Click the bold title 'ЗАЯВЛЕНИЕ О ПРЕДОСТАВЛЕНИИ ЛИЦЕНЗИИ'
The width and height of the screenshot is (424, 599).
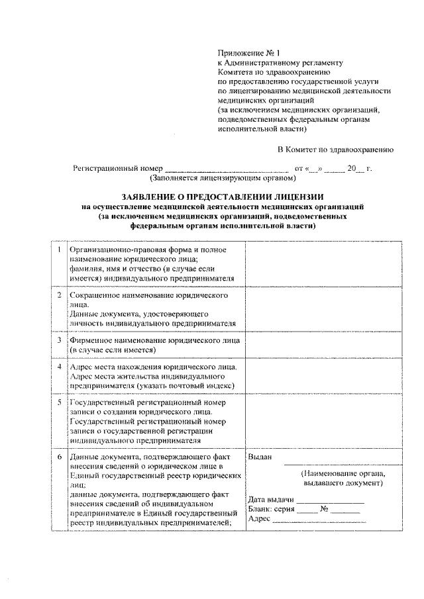pyautogui.click(x=223, y=197)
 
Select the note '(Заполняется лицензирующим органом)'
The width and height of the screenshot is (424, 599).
pyautogui.click(x=221, y=179)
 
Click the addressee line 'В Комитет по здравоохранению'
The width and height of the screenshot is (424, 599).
pyautogui.click(x=336, y=150)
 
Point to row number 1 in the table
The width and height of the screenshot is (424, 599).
pyautogui.click(x=60, y=250)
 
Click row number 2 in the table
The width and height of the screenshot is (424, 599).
pyautogui.click(x=60, y=293)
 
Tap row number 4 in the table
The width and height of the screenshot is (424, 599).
pyautogui.click(x=60, y=367)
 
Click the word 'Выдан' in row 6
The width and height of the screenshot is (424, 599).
pyautogui.click(x=259, y=457)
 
